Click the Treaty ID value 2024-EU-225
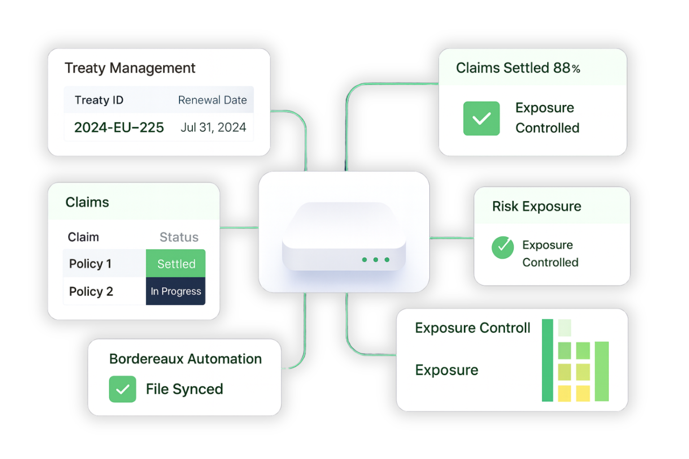point(119,128)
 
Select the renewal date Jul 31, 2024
point(213,128)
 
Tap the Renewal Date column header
point(212,100)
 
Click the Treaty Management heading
point(130,68)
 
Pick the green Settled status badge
point(176,264)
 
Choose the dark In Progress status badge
point(176,291)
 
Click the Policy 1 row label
point(90,264)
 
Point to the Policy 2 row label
point(91,291)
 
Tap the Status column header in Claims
point(179,237)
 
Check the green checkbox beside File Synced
point(122,389)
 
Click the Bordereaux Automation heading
point(185,359)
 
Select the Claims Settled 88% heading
point(518,68)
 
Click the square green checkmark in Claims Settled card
point(481,118)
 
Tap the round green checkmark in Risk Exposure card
point(503,247)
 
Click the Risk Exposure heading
point(536,206)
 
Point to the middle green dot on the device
point(376,260)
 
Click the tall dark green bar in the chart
point(547,360)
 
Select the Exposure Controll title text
point(472,328)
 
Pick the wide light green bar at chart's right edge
point(602,371)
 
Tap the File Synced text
point(184,389)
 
